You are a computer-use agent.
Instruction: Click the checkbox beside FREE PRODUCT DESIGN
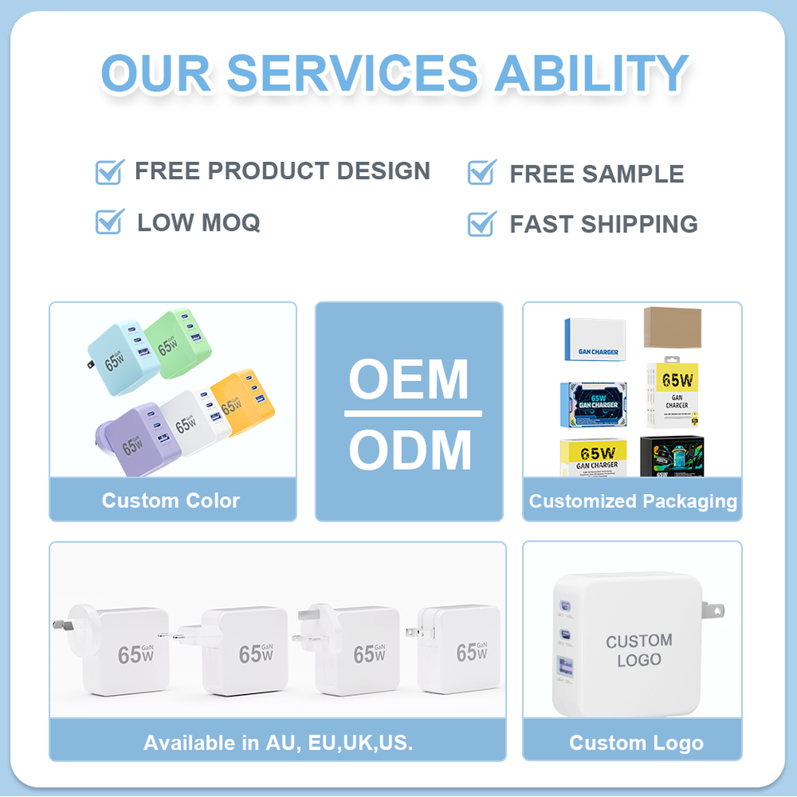(110, 172)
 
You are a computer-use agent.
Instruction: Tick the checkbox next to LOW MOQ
(110, 222)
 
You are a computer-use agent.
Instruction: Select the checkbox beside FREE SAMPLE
(482, 173)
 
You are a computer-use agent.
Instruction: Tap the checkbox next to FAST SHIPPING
(482, 223)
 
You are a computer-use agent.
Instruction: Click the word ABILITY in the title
(591, 73)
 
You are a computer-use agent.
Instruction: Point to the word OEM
(409, 379)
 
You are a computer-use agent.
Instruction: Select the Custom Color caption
(171, 501)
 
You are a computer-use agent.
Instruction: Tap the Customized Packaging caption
(633, 501)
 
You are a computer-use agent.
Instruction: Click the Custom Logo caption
(636, 743)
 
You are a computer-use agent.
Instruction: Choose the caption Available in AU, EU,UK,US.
(277, 742)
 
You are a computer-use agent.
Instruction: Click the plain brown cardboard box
(672, 327)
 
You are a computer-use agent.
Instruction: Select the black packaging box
(672, 457)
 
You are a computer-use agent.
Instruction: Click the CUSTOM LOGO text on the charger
(638, 650)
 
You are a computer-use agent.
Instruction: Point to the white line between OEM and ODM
(413, 413)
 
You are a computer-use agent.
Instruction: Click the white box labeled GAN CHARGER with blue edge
(595, 339)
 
